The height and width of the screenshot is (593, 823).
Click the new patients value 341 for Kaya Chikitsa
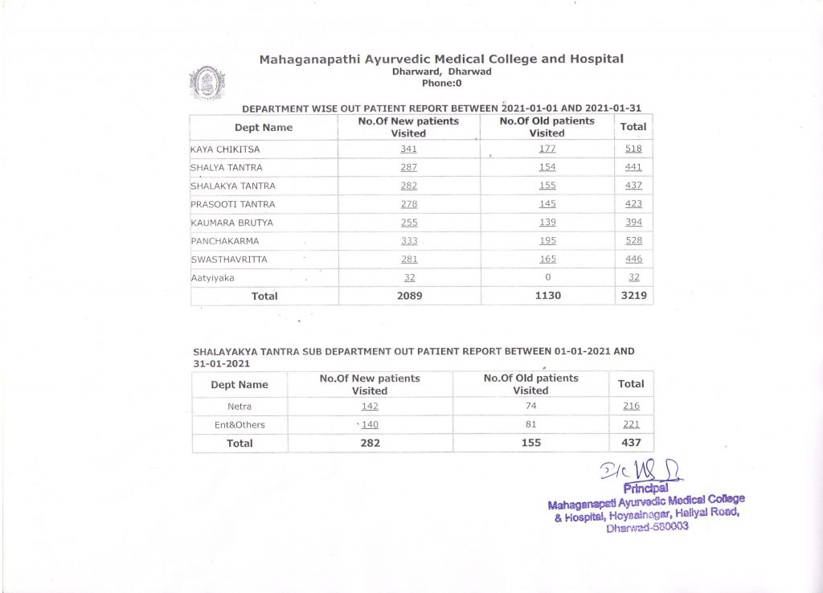[408, 149]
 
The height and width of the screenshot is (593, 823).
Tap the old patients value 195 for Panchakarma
[547, 240]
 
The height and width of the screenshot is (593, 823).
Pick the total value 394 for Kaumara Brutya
[633, 222]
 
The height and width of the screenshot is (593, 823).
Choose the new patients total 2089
[408, 296]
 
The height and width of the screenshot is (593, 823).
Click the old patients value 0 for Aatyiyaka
[547, 277]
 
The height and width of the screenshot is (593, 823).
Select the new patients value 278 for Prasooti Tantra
[408, 204]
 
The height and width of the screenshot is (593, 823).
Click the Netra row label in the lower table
[240, 406]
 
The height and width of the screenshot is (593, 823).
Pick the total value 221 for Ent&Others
[631, 424]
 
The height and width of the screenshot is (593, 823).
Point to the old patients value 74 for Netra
[530, 406]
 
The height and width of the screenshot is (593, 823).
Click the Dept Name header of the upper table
[264, 127]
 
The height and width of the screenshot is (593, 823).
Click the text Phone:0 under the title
[441, 83]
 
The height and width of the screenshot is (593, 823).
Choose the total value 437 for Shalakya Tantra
[633, 186]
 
